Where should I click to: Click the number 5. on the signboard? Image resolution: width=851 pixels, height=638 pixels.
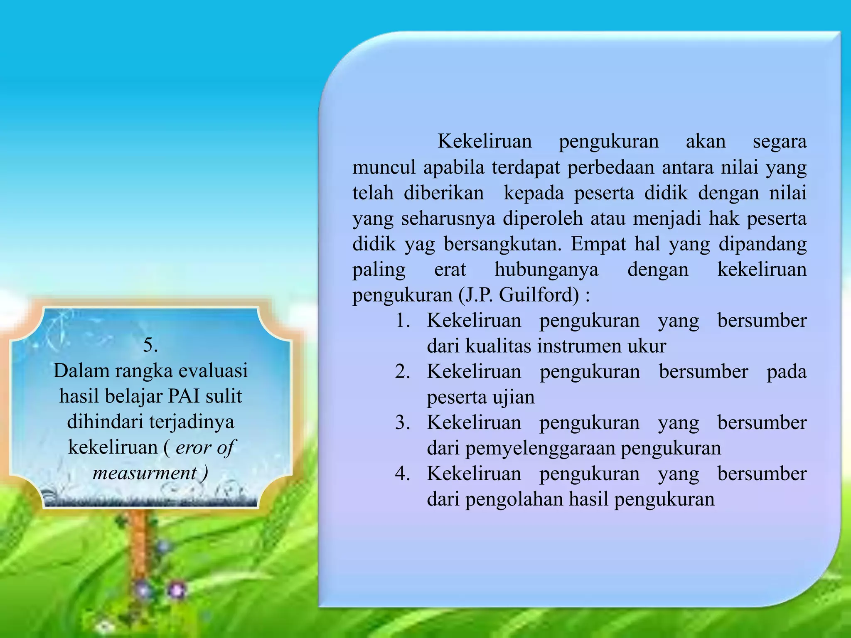150,345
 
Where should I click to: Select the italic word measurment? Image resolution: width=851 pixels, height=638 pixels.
145,473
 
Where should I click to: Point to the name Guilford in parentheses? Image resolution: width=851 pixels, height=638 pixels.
539,295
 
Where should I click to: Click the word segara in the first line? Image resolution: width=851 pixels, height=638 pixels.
780,142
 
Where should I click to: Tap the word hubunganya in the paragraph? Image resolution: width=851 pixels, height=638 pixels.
546,270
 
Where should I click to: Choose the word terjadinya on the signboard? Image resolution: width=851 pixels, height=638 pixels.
192,422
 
